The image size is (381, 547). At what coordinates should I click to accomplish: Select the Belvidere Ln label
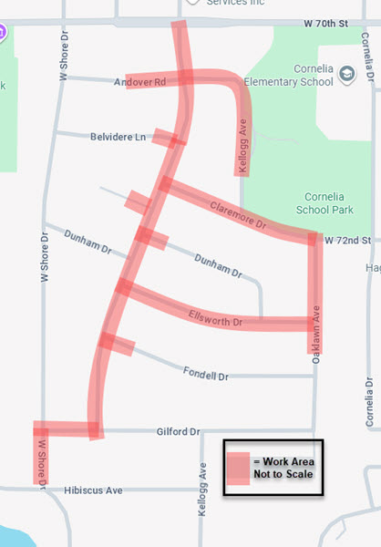[x=118, y=137]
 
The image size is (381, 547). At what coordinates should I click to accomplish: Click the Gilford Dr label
[x=177, y=431]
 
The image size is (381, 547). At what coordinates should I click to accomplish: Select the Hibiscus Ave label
[x=94, y=490]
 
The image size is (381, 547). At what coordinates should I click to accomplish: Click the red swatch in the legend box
[x=238, y=468]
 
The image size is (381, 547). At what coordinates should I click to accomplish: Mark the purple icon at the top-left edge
[x=3, y=32]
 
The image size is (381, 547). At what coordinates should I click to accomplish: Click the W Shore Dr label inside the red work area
[x=41, y=460]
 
